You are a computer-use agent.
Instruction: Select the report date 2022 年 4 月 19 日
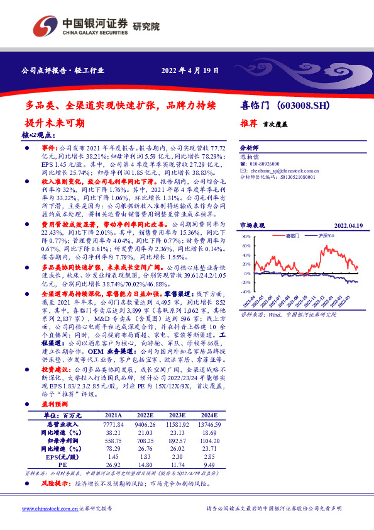(x=190, y=70)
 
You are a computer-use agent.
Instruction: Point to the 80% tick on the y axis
(x=246, y=236)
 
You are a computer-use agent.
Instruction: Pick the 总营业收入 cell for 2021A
(x=114, y=407)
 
